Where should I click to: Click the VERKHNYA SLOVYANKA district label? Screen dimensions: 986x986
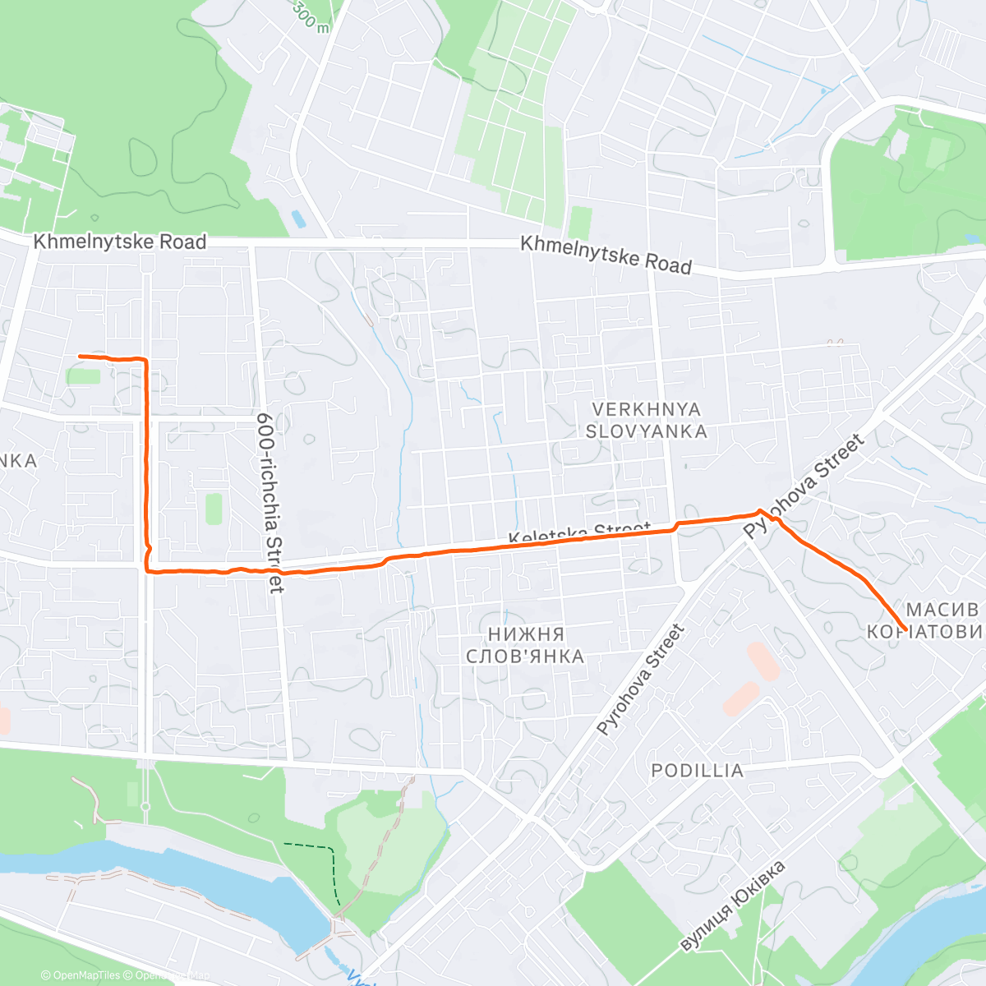[x=646, y=420]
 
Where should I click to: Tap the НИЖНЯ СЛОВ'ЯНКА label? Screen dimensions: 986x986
[x=525, y=645]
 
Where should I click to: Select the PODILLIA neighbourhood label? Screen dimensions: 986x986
[x=697, y=771]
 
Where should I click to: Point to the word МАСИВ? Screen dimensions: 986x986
[x=942, y=610]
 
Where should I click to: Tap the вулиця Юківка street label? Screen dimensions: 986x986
[x=733, y=905]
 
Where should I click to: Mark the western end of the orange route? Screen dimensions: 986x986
[x=80, y=356]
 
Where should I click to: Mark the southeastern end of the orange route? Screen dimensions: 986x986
[x=905, y=629]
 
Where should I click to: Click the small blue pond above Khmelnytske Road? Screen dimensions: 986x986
[x=297, y=219]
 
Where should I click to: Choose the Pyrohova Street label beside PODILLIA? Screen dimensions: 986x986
[x=640, y=679]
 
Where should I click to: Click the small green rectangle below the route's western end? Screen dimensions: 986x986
[x=83, y=376]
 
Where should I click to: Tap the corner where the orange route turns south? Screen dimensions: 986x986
[x=145, y=360]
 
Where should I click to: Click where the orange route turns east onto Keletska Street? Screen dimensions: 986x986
[x=148, y=569]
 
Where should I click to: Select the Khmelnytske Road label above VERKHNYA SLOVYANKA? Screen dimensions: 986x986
[x=606, y=255]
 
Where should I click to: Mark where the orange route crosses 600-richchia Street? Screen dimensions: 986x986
[x=277, y=570]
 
